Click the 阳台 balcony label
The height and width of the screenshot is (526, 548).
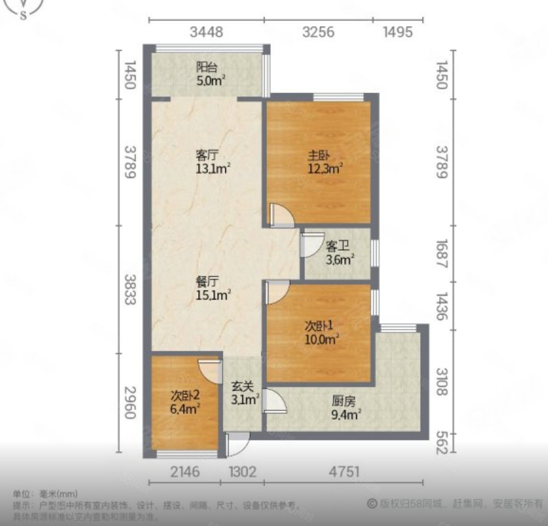tap(206, 67)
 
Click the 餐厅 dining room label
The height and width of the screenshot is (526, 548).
tap(206, 281)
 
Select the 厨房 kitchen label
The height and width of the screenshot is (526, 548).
tap(343, 402)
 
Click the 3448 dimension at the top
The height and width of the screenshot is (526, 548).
tap(206, 32)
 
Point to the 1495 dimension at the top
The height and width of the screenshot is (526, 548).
tap(397, 32)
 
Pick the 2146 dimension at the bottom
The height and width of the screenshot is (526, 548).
tap(184, 471)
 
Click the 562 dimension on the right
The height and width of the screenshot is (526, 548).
tap(440, 443)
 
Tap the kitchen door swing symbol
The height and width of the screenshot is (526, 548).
tap(276, 402)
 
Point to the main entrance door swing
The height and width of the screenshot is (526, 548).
tap(238, 444)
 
